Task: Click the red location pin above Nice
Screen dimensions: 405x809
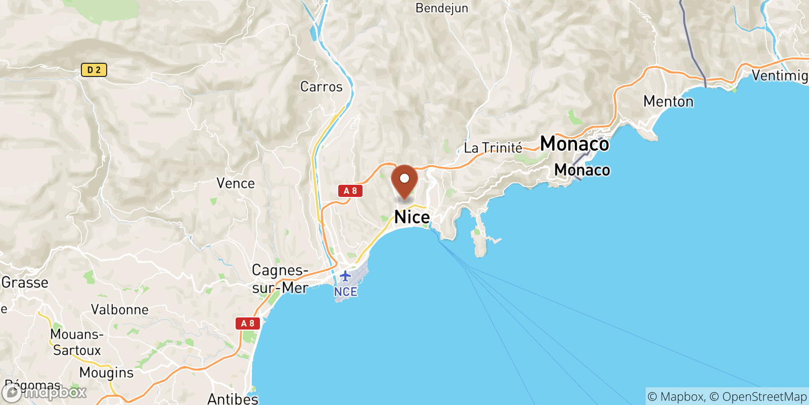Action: (404, 180)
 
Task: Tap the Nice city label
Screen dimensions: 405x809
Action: (412, 217)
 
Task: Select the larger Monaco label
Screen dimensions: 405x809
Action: (574, 144)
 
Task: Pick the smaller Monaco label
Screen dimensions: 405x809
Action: (582, 170)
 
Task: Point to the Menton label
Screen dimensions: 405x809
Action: (668, 102)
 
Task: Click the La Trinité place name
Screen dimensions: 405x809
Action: (493, 148)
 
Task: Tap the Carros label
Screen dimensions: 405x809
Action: (321, 87)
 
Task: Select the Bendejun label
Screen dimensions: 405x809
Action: (441, 8)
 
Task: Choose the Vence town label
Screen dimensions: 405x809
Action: (235, 183)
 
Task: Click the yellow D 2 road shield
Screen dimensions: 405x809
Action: (94, 70)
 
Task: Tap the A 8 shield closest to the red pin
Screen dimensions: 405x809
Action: (350, 191)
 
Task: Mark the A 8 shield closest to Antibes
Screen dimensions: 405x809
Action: (247, 323)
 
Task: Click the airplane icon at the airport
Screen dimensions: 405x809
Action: (345, 276)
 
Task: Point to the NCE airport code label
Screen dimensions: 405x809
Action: (345, 292)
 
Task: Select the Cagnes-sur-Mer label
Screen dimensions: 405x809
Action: (280, 279)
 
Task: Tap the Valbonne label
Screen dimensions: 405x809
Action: (120, 310)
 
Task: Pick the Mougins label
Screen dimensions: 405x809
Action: (106, 373)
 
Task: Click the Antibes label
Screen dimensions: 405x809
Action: (233, 399)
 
